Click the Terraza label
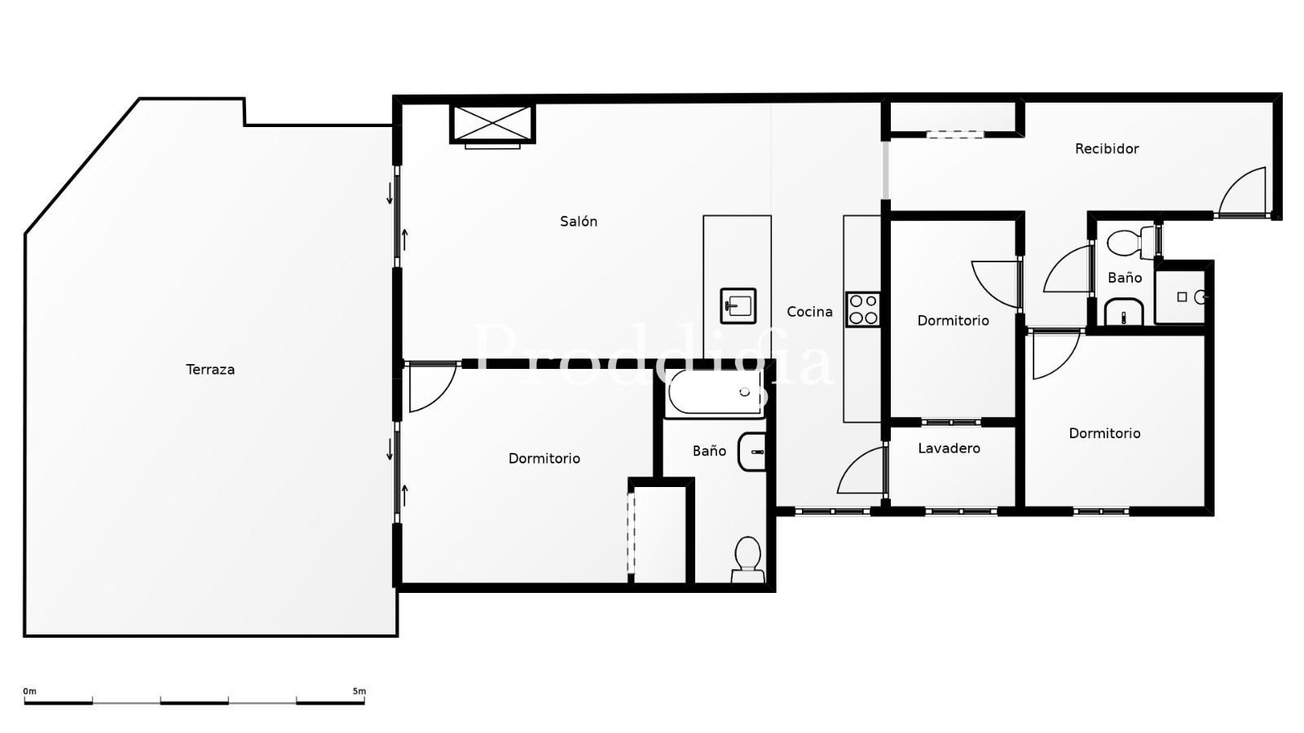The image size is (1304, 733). coord(210,370)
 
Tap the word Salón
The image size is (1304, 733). coord(579,221)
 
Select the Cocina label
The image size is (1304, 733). coord(810,312)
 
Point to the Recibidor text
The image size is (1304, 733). coord(1107,149)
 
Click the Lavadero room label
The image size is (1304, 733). coord(949,449)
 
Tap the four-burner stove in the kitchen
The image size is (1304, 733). coord(863,309)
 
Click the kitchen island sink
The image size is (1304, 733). coord(738,305)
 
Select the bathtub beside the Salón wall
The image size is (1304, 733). coord(714,393)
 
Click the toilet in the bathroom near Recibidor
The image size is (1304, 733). coord(1131,243)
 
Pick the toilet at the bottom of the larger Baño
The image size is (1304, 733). coord(748,560)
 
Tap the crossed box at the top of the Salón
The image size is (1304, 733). coord(492,124)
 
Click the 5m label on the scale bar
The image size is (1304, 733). coord(359,691)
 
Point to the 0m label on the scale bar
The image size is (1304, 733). coord(29,691)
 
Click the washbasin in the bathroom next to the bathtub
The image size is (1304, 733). coord(752,452)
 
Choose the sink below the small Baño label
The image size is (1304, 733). coord(1124,312)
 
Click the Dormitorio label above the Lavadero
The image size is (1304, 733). coord(953,321)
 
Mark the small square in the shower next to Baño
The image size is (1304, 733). coord(1182,297)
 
